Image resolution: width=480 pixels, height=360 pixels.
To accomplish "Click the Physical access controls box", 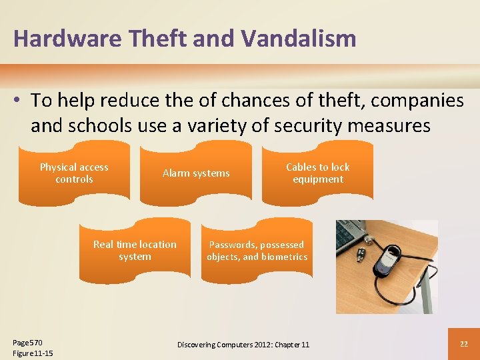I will tap(74, 173).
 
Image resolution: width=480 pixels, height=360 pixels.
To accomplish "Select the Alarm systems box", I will tap(196, 173).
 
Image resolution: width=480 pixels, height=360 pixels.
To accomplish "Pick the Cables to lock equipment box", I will tap(317, 173).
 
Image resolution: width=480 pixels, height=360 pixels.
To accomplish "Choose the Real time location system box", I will tap(135, 251).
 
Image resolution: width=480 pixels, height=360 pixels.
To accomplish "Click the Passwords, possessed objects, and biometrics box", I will tap(257, 251).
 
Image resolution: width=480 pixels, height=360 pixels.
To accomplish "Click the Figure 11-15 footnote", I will tap(33, 353).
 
